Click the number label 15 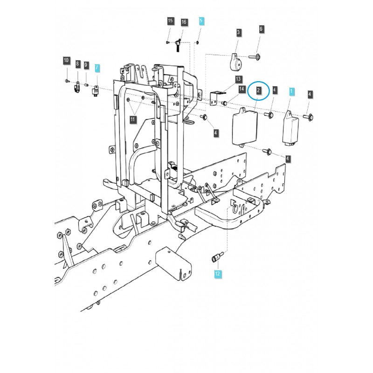170,21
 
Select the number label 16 184,22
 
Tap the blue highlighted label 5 201,21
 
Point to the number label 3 239,32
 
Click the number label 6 261,29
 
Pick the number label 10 66,60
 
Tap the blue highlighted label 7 97,68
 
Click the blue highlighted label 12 217,274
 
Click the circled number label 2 259,89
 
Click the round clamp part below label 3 235,61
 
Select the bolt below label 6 257,57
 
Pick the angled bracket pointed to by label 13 215,98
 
